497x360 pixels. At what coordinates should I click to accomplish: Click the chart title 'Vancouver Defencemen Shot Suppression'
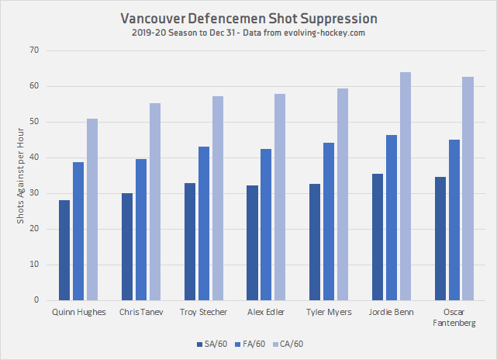point(248,18)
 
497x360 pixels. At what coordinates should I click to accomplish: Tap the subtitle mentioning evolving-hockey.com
point(248,33)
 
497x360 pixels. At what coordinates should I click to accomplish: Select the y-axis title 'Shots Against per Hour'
point(21,175)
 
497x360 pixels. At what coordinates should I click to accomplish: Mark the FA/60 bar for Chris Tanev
point(141,230)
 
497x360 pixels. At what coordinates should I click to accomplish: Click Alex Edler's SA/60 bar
point(252,243)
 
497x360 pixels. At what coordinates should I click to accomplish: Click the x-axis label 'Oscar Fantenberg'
point(454,317)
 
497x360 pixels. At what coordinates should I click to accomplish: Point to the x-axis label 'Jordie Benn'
point(391,313)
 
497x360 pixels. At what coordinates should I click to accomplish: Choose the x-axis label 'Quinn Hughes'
point(78,313)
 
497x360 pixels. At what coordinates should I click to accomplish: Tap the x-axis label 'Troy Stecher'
point(204,313)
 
